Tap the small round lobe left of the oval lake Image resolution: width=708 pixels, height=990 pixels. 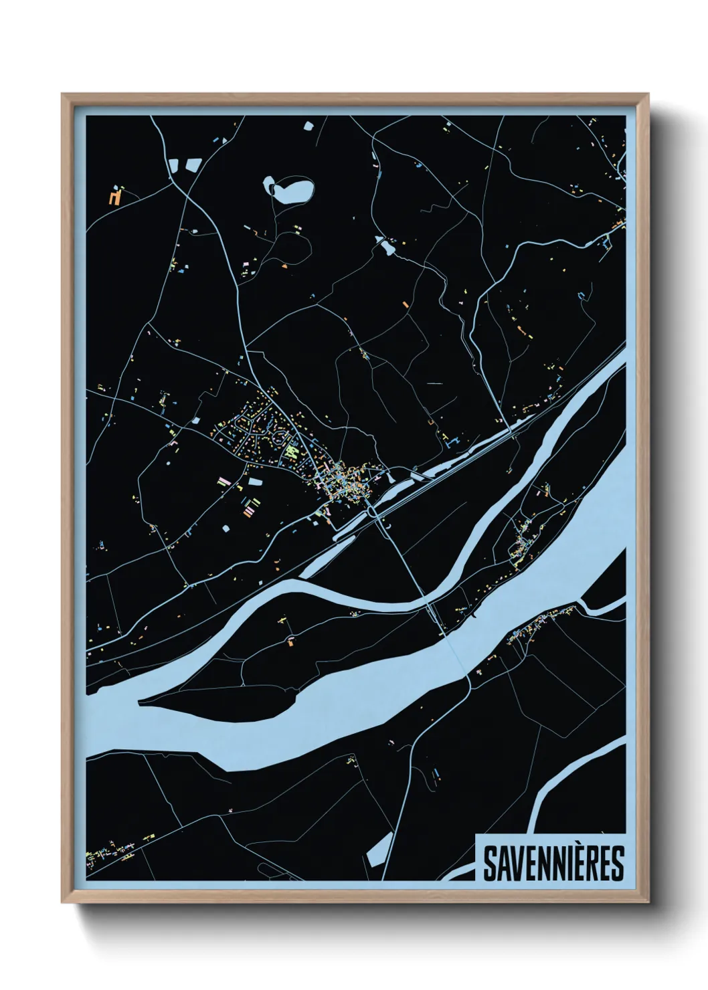269,183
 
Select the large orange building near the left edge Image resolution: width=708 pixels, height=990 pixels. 116,197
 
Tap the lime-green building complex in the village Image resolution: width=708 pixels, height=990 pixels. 290,452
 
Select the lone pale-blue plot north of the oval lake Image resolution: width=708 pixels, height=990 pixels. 308,125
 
